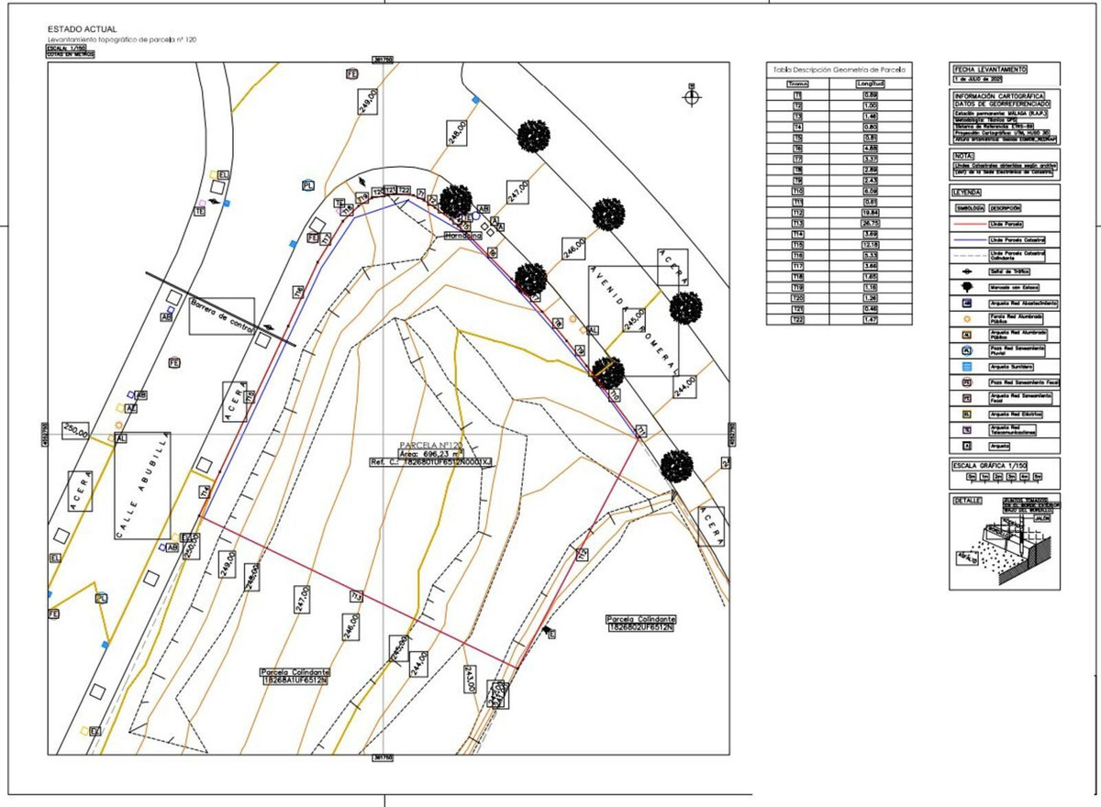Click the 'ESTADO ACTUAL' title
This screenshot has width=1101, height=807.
point(82,30)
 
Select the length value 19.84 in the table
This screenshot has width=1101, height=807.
point(869,212)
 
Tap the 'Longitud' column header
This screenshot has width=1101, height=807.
point(869,83)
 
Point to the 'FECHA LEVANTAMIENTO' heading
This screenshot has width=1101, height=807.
point(989,70)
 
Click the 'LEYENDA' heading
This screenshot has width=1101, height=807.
point(968,193)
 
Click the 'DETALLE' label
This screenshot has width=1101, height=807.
point(967,501)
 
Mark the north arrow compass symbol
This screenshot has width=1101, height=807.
point(692,95)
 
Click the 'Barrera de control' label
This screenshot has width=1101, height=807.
point(220,315)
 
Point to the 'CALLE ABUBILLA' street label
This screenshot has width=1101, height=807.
point(143,486)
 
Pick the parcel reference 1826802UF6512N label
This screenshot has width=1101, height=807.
point(640,628)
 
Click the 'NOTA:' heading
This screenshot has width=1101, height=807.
point(964,156)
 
